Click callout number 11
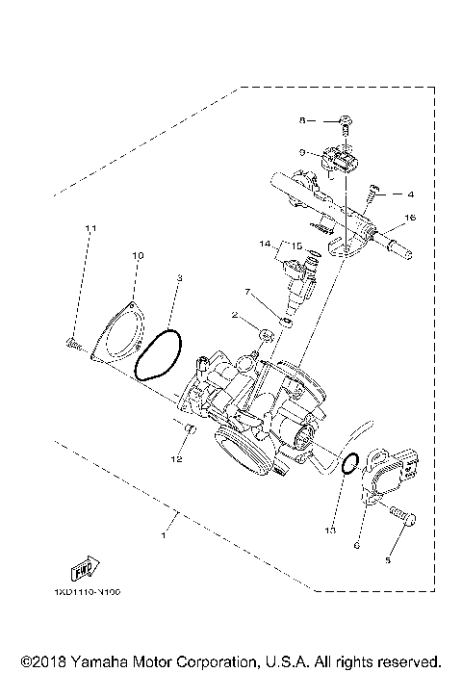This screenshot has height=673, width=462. tap(90, 228)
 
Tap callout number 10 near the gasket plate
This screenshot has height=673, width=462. tap(137, 255)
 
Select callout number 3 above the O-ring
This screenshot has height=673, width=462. tap(180, 279)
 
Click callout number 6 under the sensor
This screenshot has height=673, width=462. tap(356, 545)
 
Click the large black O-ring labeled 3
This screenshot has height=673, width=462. tap(158, 356)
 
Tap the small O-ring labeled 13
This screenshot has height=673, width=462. tap(349, 464)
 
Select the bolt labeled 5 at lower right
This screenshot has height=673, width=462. tap(402, 521)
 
